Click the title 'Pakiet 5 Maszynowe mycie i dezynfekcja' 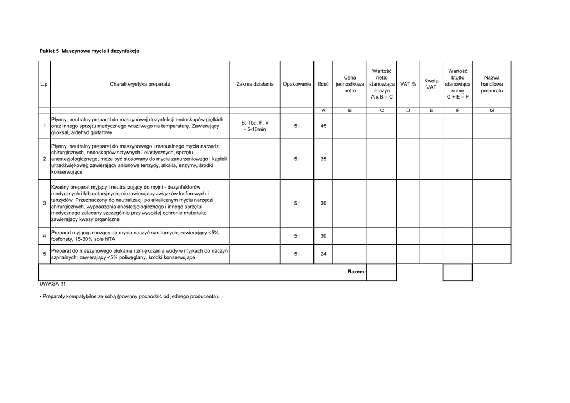pos(89,51)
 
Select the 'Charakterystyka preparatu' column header pos(140,84)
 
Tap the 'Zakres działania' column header pos(255,84)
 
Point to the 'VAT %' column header pos(408,84)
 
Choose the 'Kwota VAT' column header pos(431,84)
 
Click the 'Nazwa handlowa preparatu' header pos(492,84)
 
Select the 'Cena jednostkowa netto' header pos(350,84)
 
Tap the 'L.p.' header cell pos(45,84)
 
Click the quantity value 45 pos(323,126)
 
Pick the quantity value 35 pos(323,159)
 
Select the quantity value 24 pos(323,254)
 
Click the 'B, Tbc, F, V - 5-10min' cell pos(255,126)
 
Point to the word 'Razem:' pos(356,272)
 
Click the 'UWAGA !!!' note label pos(52,284)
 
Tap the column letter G pos(492,111)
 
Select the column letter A pos(323,111)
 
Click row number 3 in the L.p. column pos(44,203)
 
